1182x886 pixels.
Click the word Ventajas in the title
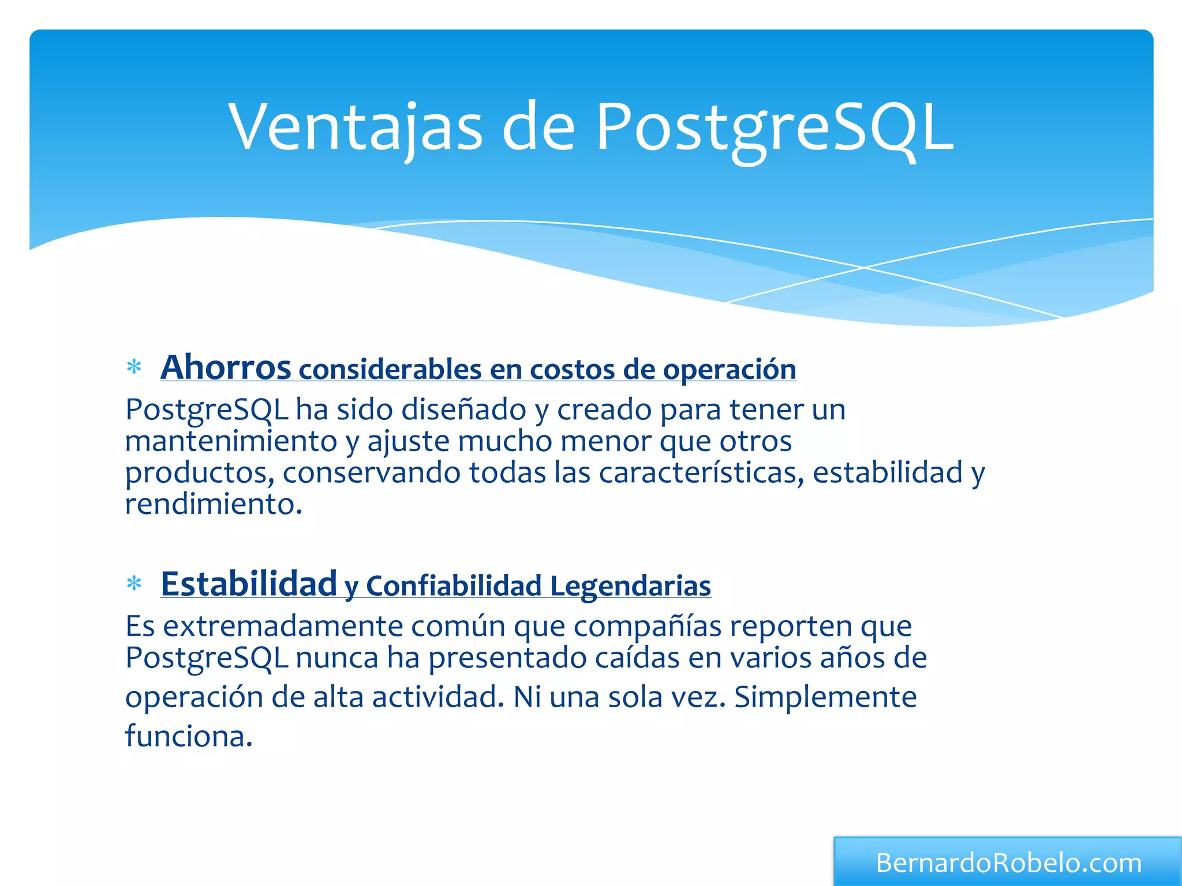tap(355, 127)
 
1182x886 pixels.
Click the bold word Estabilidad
tap(249, 584)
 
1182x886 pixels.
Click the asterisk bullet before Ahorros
tap(134, 367)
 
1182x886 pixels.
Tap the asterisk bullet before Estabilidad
tap(134, 584)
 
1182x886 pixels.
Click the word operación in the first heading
tap(730, 370)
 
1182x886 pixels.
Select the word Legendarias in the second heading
tap(630, 586)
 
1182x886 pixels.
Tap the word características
tap(701, 472)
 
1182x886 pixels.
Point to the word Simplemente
tap(825, 697)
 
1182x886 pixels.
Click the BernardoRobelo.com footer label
tap(1008, 863)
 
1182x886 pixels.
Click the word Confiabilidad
tap(454, 586)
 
